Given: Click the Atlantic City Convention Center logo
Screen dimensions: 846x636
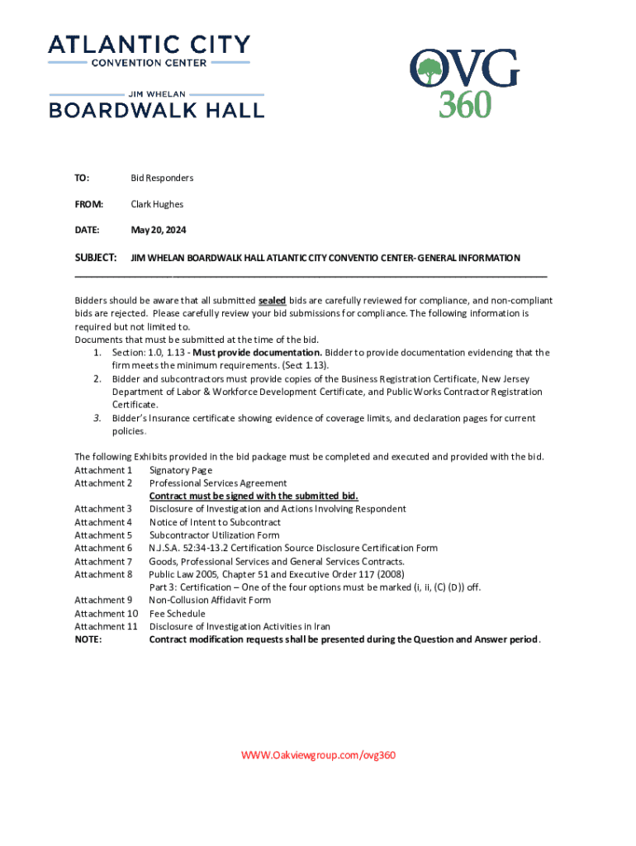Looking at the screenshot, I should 149,50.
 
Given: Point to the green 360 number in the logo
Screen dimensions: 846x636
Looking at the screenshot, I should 464,103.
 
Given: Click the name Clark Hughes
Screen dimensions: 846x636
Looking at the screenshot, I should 157,204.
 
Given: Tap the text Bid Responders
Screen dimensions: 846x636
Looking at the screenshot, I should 162,178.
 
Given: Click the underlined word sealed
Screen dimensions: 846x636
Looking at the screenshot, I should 272,301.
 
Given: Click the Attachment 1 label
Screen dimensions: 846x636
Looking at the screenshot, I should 103,470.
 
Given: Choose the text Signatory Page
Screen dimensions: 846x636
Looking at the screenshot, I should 181,470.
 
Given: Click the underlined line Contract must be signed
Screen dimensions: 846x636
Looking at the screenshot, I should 254,496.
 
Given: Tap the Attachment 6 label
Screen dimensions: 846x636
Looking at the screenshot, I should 103,548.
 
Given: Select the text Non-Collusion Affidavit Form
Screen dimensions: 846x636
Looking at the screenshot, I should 210,600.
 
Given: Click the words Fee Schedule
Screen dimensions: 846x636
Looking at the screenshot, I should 177,613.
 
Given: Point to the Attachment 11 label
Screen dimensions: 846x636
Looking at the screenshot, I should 106,626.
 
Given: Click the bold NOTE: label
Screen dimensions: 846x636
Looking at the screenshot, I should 88,639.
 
